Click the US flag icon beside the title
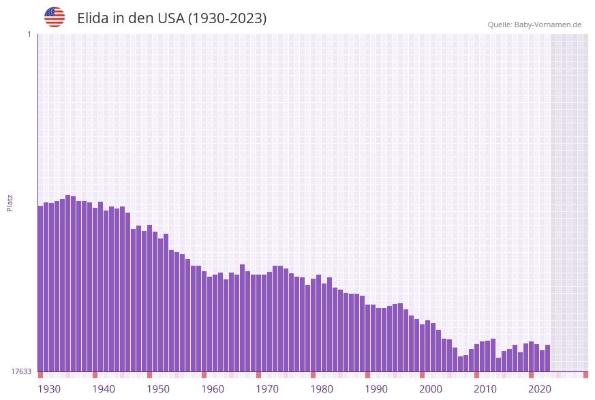55,17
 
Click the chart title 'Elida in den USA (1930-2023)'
172,18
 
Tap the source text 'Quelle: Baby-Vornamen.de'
534,25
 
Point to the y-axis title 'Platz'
10,202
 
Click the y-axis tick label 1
29,34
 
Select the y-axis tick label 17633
21,371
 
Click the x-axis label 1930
49,389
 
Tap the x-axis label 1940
104,389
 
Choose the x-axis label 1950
158,389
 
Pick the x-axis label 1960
213,389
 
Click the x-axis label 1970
267,389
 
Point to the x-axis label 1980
322,389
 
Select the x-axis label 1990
376,389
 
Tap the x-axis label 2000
431,389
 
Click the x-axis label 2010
485,389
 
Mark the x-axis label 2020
540,389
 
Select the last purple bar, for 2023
547,358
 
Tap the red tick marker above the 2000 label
423,375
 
